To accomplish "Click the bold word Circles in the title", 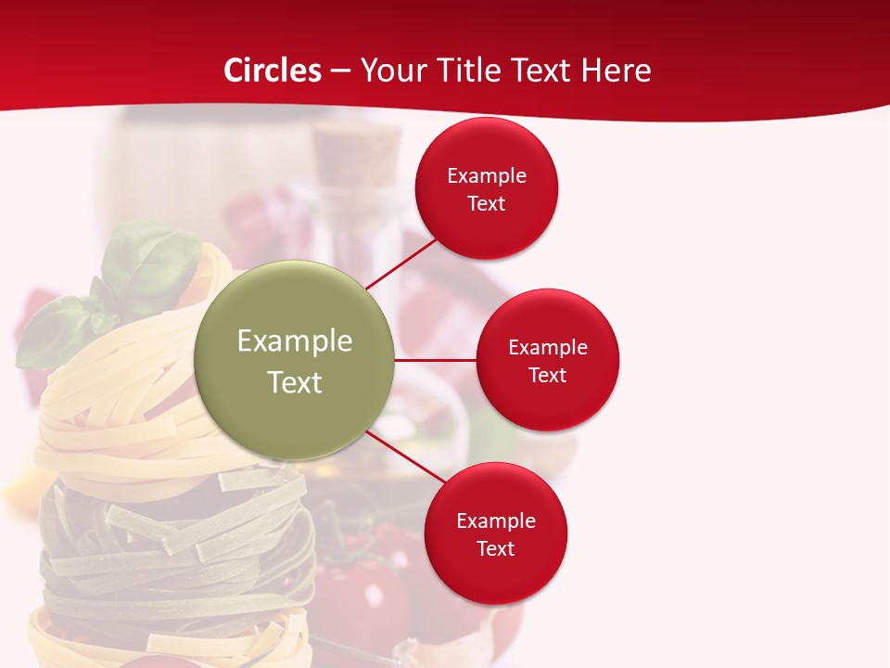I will tap(272, 71).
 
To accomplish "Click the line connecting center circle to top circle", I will tap(400, 263).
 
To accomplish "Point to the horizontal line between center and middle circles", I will tap(435, 360).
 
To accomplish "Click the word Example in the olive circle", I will tap(295, 341).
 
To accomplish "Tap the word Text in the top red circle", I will tap(487, 203).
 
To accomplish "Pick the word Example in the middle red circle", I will tap(548, 347).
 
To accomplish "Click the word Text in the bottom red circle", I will tap(496, 548).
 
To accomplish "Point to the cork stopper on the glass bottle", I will tap(356, 151).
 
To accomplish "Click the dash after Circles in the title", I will tap(340, 71).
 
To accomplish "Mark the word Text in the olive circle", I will tap(295, 382).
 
